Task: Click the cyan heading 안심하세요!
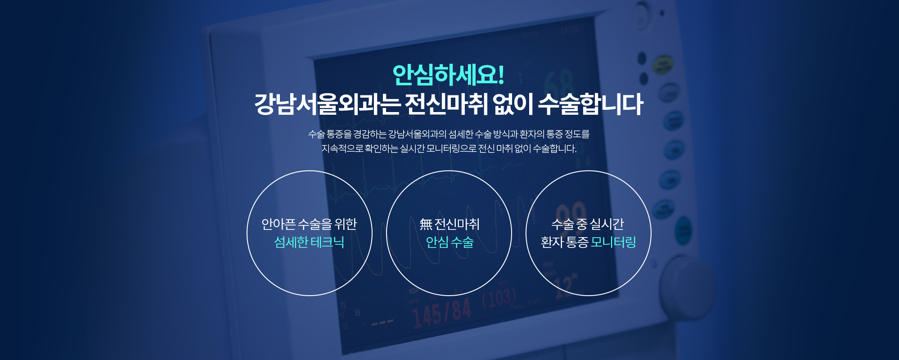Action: pos(448,75)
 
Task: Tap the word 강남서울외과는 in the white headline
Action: pos(327,104)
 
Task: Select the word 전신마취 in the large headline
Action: pos(445,104)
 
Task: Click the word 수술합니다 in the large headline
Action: pos(590,104)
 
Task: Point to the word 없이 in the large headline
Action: pos(512,104)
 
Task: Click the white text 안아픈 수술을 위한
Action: pos(309,224)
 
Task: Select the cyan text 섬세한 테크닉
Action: pos(309,242)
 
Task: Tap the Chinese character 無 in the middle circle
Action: pos(426,224)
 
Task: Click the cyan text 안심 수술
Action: pos(449,242)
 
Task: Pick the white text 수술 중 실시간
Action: pos(588,224)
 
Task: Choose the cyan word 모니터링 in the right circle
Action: pos(613,242)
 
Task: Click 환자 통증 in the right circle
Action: pos(564,242)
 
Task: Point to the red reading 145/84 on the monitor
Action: pos(441,312)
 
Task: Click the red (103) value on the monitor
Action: pos(499,298)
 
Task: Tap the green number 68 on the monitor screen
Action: pos(559,84)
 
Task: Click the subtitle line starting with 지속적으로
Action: pos(449,148)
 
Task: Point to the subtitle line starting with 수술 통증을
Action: pos(449,134)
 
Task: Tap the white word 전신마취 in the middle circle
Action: pos(457,224)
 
